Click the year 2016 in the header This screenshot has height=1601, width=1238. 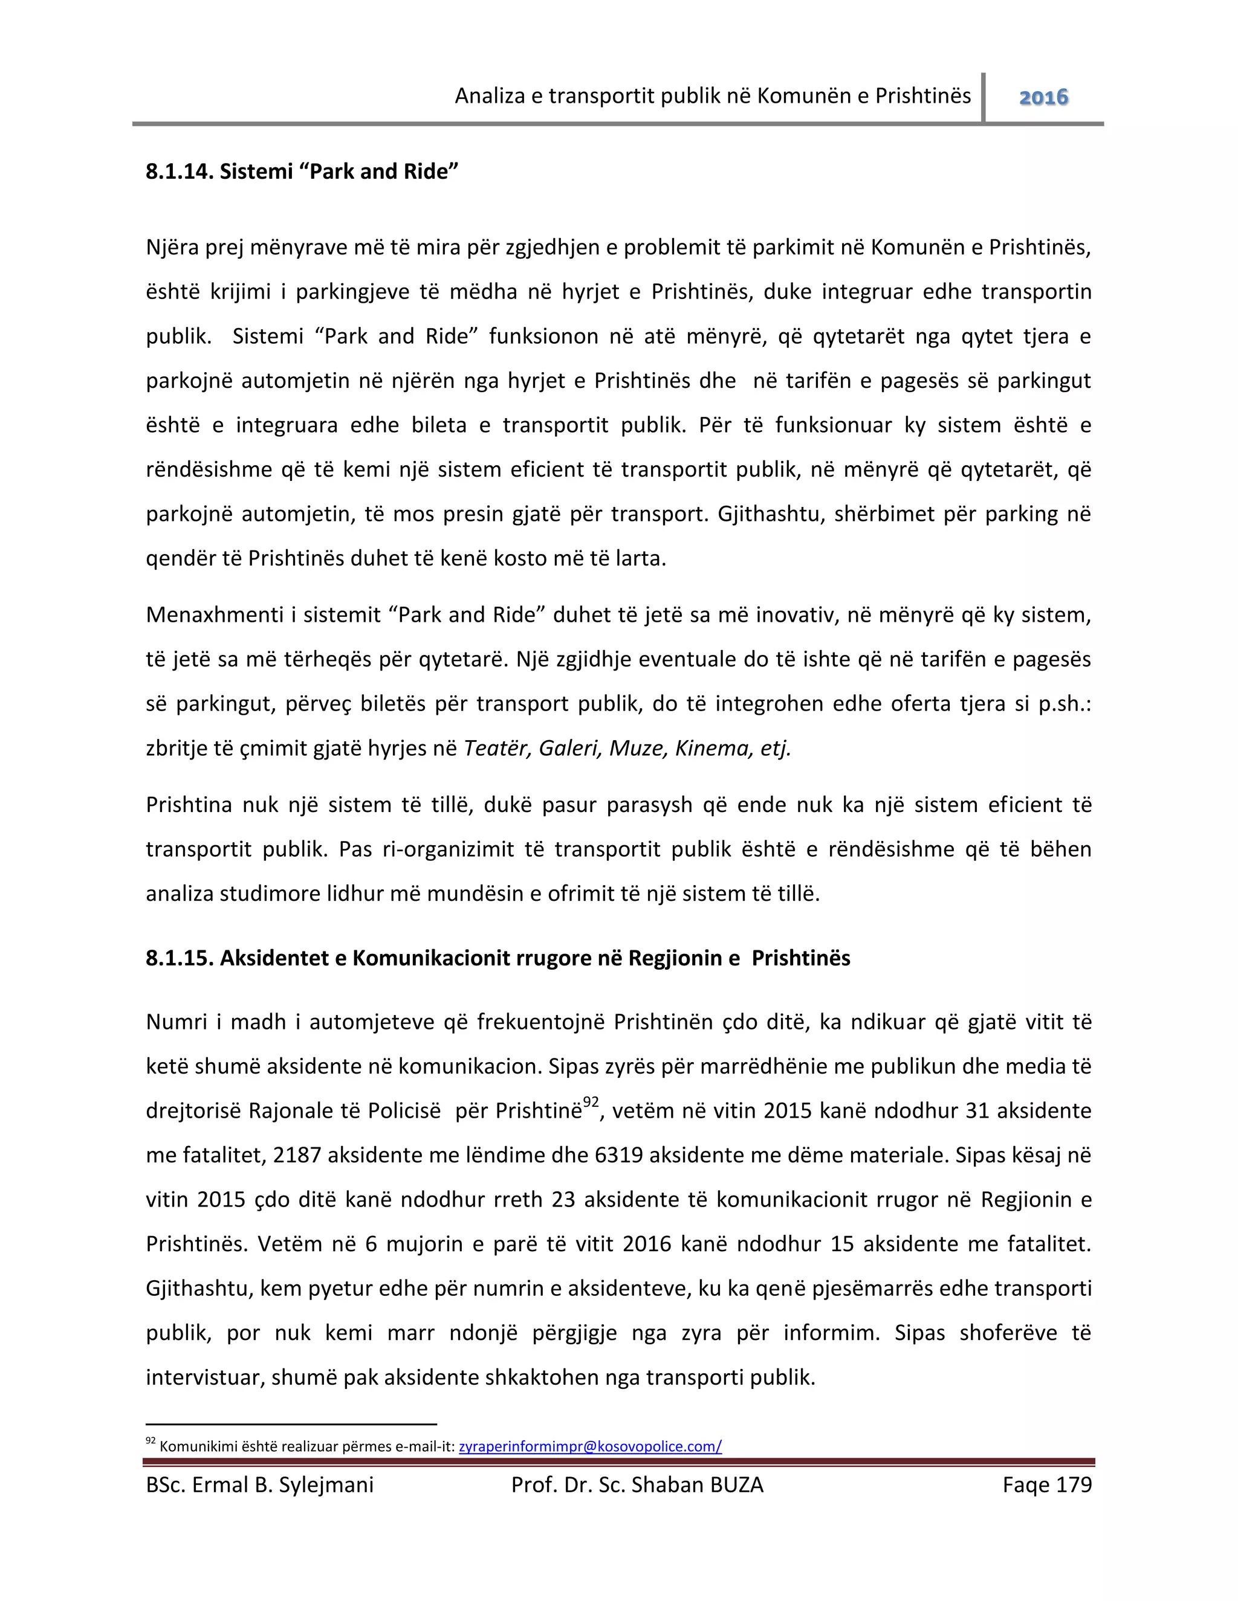tap(1043, 97)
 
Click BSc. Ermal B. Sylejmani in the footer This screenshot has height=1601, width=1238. tap(259, 1484)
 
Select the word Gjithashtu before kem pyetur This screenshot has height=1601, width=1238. tap(198, 1289)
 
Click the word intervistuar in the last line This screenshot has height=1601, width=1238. tap(205, 1377)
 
